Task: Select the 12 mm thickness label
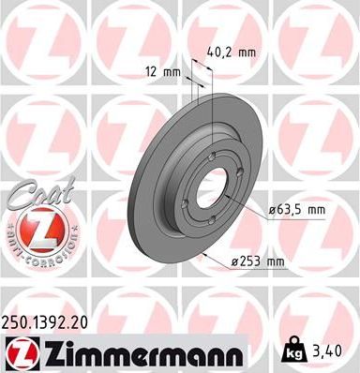[x=163, y=73]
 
